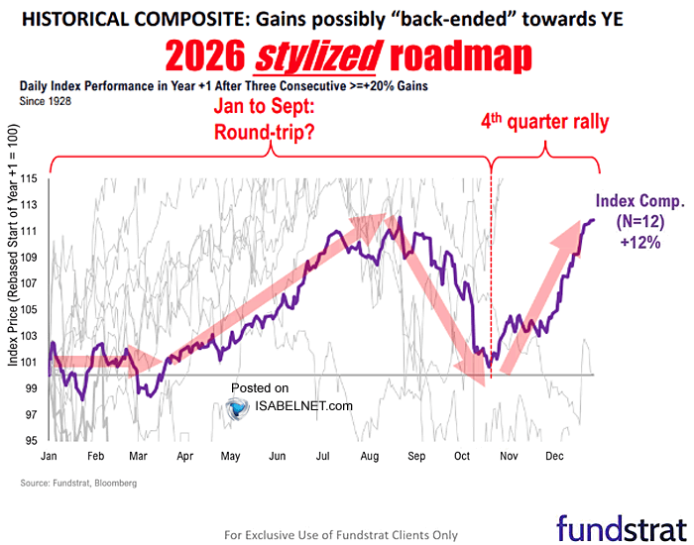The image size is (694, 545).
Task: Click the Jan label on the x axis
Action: click(48, 457)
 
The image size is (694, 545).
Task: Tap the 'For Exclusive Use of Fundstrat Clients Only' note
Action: click(341, 534)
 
